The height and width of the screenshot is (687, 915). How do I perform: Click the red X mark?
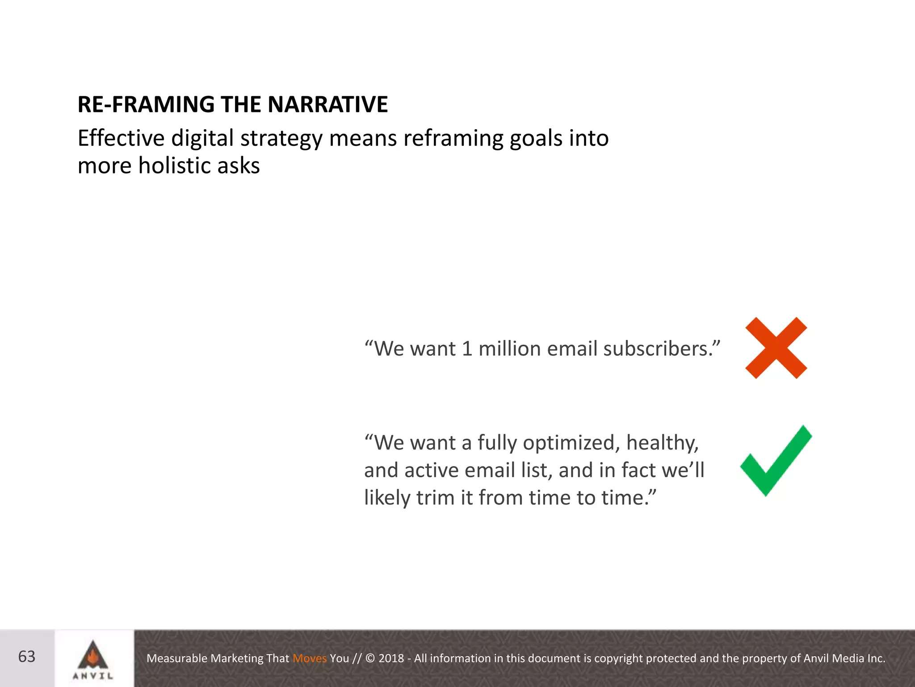click(x=776, y=348)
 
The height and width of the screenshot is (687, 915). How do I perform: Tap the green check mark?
click(x=776, y=461)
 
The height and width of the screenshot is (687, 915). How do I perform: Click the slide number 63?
click(x=27, y=657)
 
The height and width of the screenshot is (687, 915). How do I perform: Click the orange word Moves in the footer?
click(x=310, y=658)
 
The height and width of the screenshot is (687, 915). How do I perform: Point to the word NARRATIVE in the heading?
click(x=327, y=104)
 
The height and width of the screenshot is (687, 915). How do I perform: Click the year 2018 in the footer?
click(x=391, y=658)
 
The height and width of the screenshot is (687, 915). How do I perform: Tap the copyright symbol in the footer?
click(x=370, y=658)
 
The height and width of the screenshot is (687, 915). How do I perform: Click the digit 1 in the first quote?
click(x=467, y=348)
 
